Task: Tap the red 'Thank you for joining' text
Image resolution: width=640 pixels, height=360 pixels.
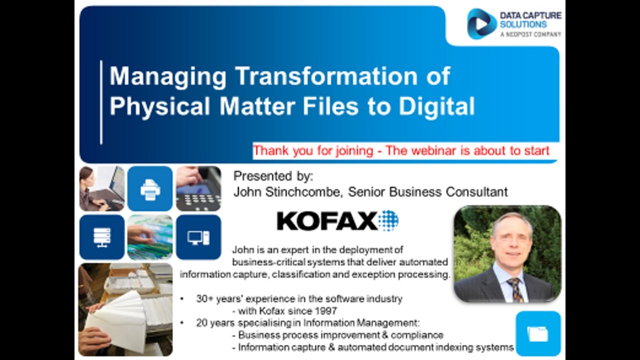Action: (x=312, y=150)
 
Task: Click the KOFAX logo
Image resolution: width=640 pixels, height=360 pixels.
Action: (x=337, y=220)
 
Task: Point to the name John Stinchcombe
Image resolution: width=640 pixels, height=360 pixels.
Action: (x=288, y=191)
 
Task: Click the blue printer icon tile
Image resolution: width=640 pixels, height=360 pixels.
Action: (x=150, y=188)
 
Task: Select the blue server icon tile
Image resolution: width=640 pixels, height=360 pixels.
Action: (x=102, y=237)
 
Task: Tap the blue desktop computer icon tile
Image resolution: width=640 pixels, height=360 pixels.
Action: (x=198, y=237)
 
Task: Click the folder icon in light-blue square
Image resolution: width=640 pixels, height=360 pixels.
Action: (x=538, y=333)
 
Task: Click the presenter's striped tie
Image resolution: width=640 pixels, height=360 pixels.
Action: (x=514, y=288)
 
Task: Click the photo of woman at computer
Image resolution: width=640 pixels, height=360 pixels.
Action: (x=102, y=188)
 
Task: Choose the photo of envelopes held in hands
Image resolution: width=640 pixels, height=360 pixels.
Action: (x=125, y=309)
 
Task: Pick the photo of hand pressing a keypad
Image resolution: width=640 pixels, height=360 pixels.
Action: (x=198, y=188)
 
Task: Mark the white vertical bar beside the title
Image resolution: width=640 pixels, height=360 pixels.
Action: (x=101, y=102)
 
